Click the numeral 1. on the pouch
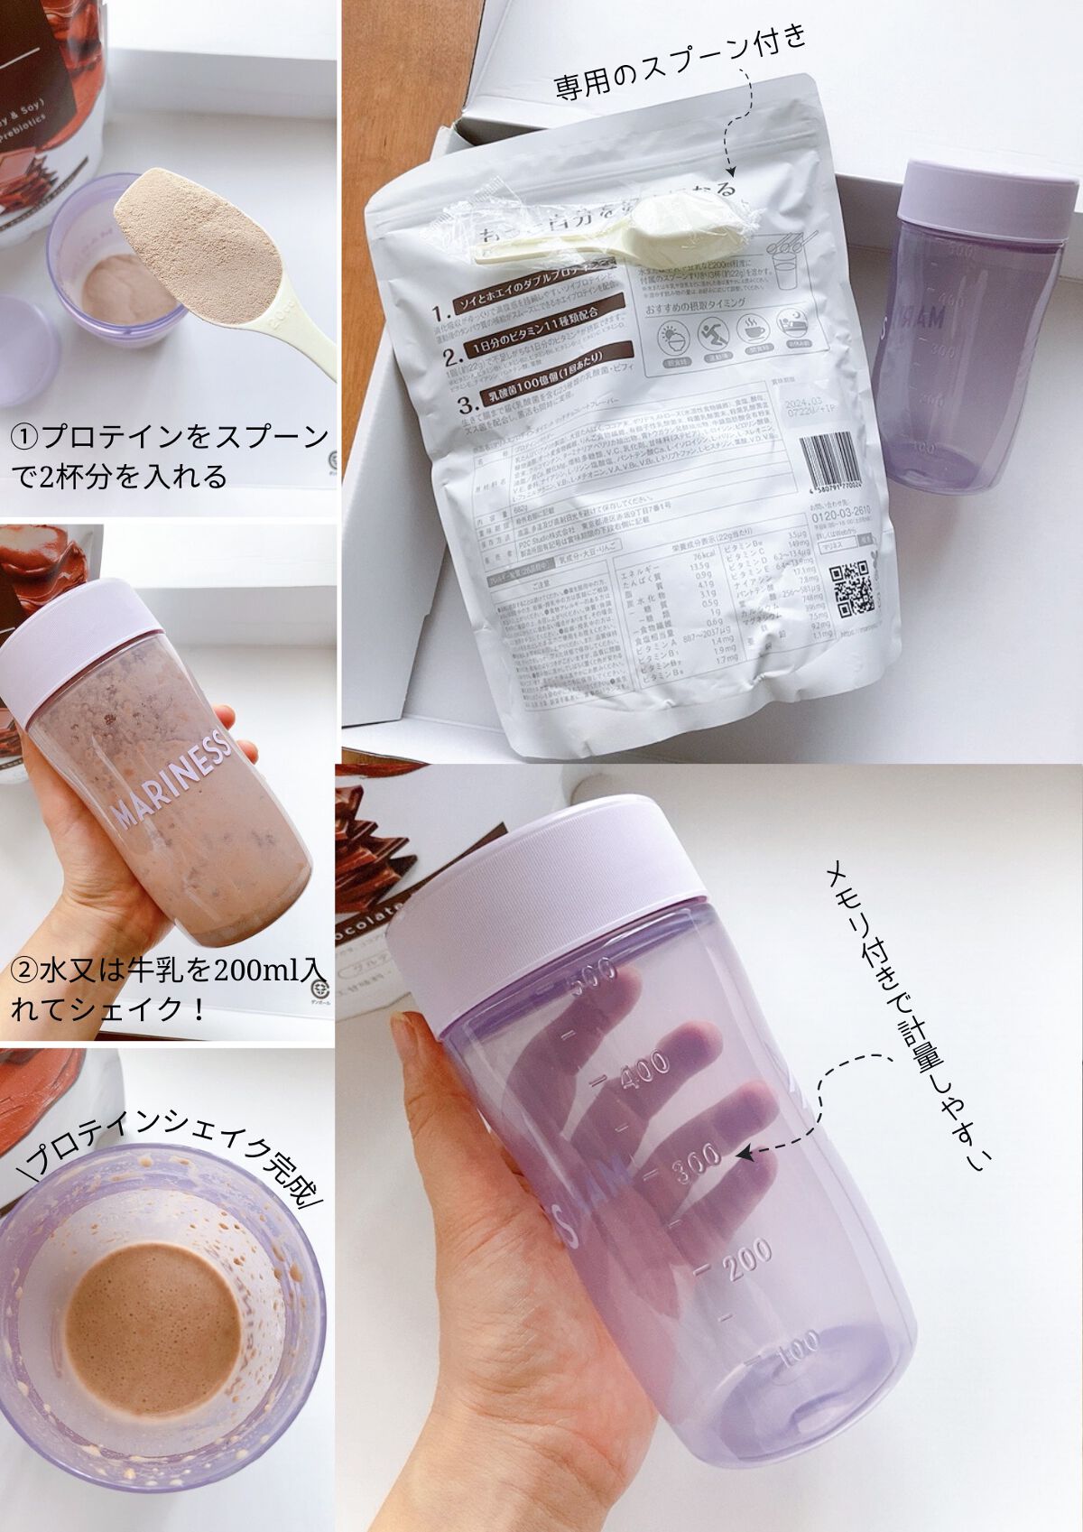tap(441, 314)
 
